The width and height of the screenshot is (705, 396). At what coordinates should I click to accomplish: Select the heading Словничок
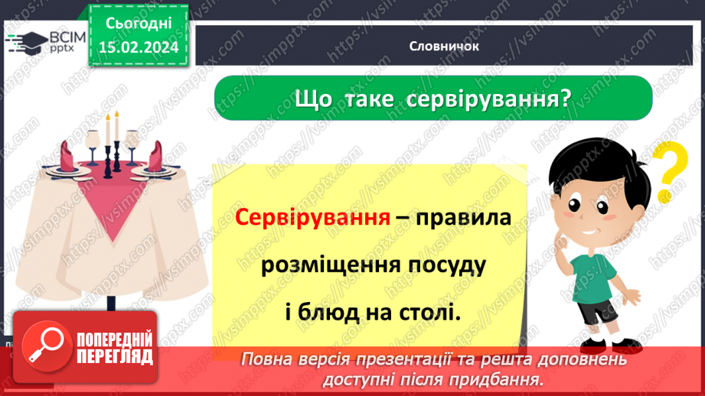coord(444,46)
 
